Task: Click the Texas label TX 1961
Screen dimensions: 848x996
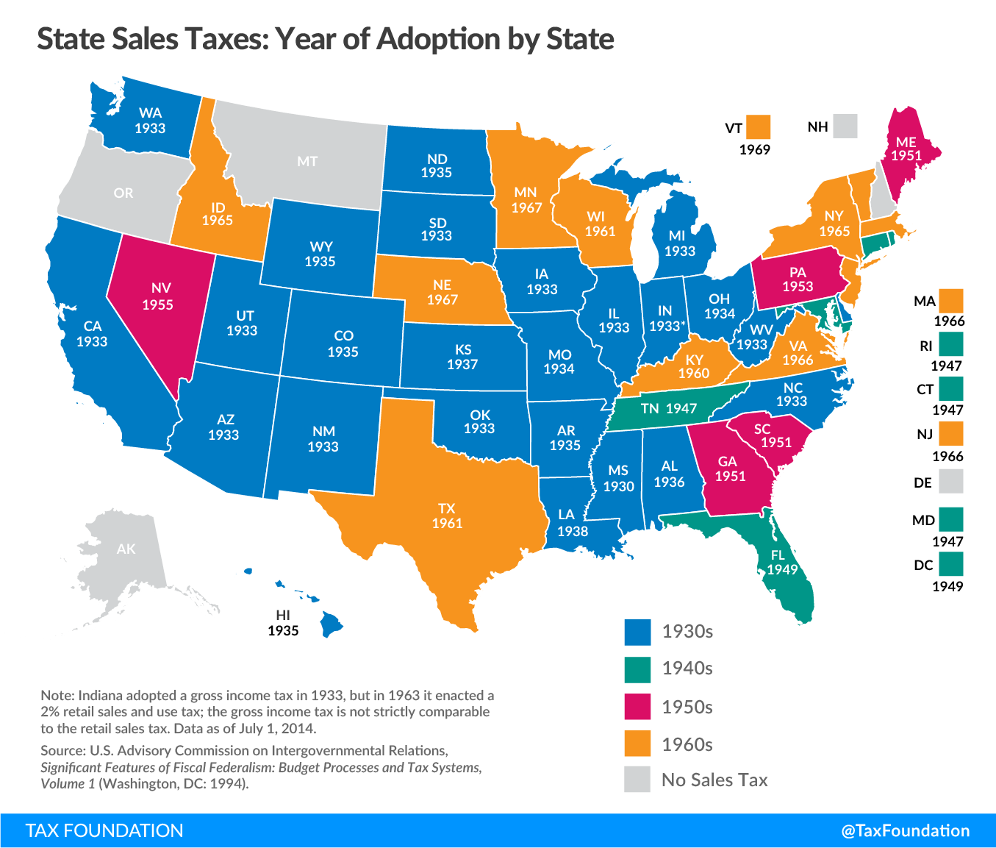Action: tap(447, 516)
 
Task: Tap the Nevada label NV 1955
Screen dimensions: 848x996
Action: tap(157, 296)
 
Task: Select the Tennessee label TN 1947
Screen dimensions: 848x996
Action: tap(667, 408)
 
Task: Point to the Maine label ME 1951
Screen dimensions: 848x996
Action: tap(906, 149)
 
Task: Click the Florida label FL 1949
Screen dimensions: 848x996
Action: tap(782, 563)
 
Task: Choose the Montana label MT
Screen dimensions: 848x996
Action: tap(307, 161)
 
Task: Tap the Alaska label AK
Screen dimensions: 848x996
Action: tap(126, 549)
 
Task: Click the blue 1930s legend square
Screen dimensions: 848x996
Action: tap(637, 632)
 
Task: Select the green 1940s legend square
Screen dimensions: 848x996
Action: tap(637, 669)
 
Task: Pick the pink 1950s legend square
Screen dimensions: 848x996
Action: tap(637, 707)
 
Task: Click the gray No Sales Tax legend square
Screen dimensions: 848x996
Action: tap(637, 780)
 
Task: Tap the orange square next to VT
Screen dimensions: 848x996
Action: tap(758, 127)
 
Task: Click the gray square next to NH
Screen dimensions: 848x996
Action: tap(845, 127)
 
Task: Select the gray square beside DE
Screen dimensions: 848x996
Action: tap(950, 482)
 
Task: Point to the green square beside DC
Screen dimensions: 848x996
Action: tap(950, 564)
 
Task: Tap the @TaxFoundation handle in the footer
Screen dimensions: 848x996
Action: tap(905, 830)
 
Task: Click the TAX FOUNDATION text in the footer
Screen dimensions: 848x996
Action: tap(104, 830)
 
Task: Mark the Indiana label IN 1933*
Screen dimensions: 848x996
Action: tap(667, 318)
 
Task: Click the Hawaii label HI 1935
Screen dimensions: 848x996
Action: tap(283, 623)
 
